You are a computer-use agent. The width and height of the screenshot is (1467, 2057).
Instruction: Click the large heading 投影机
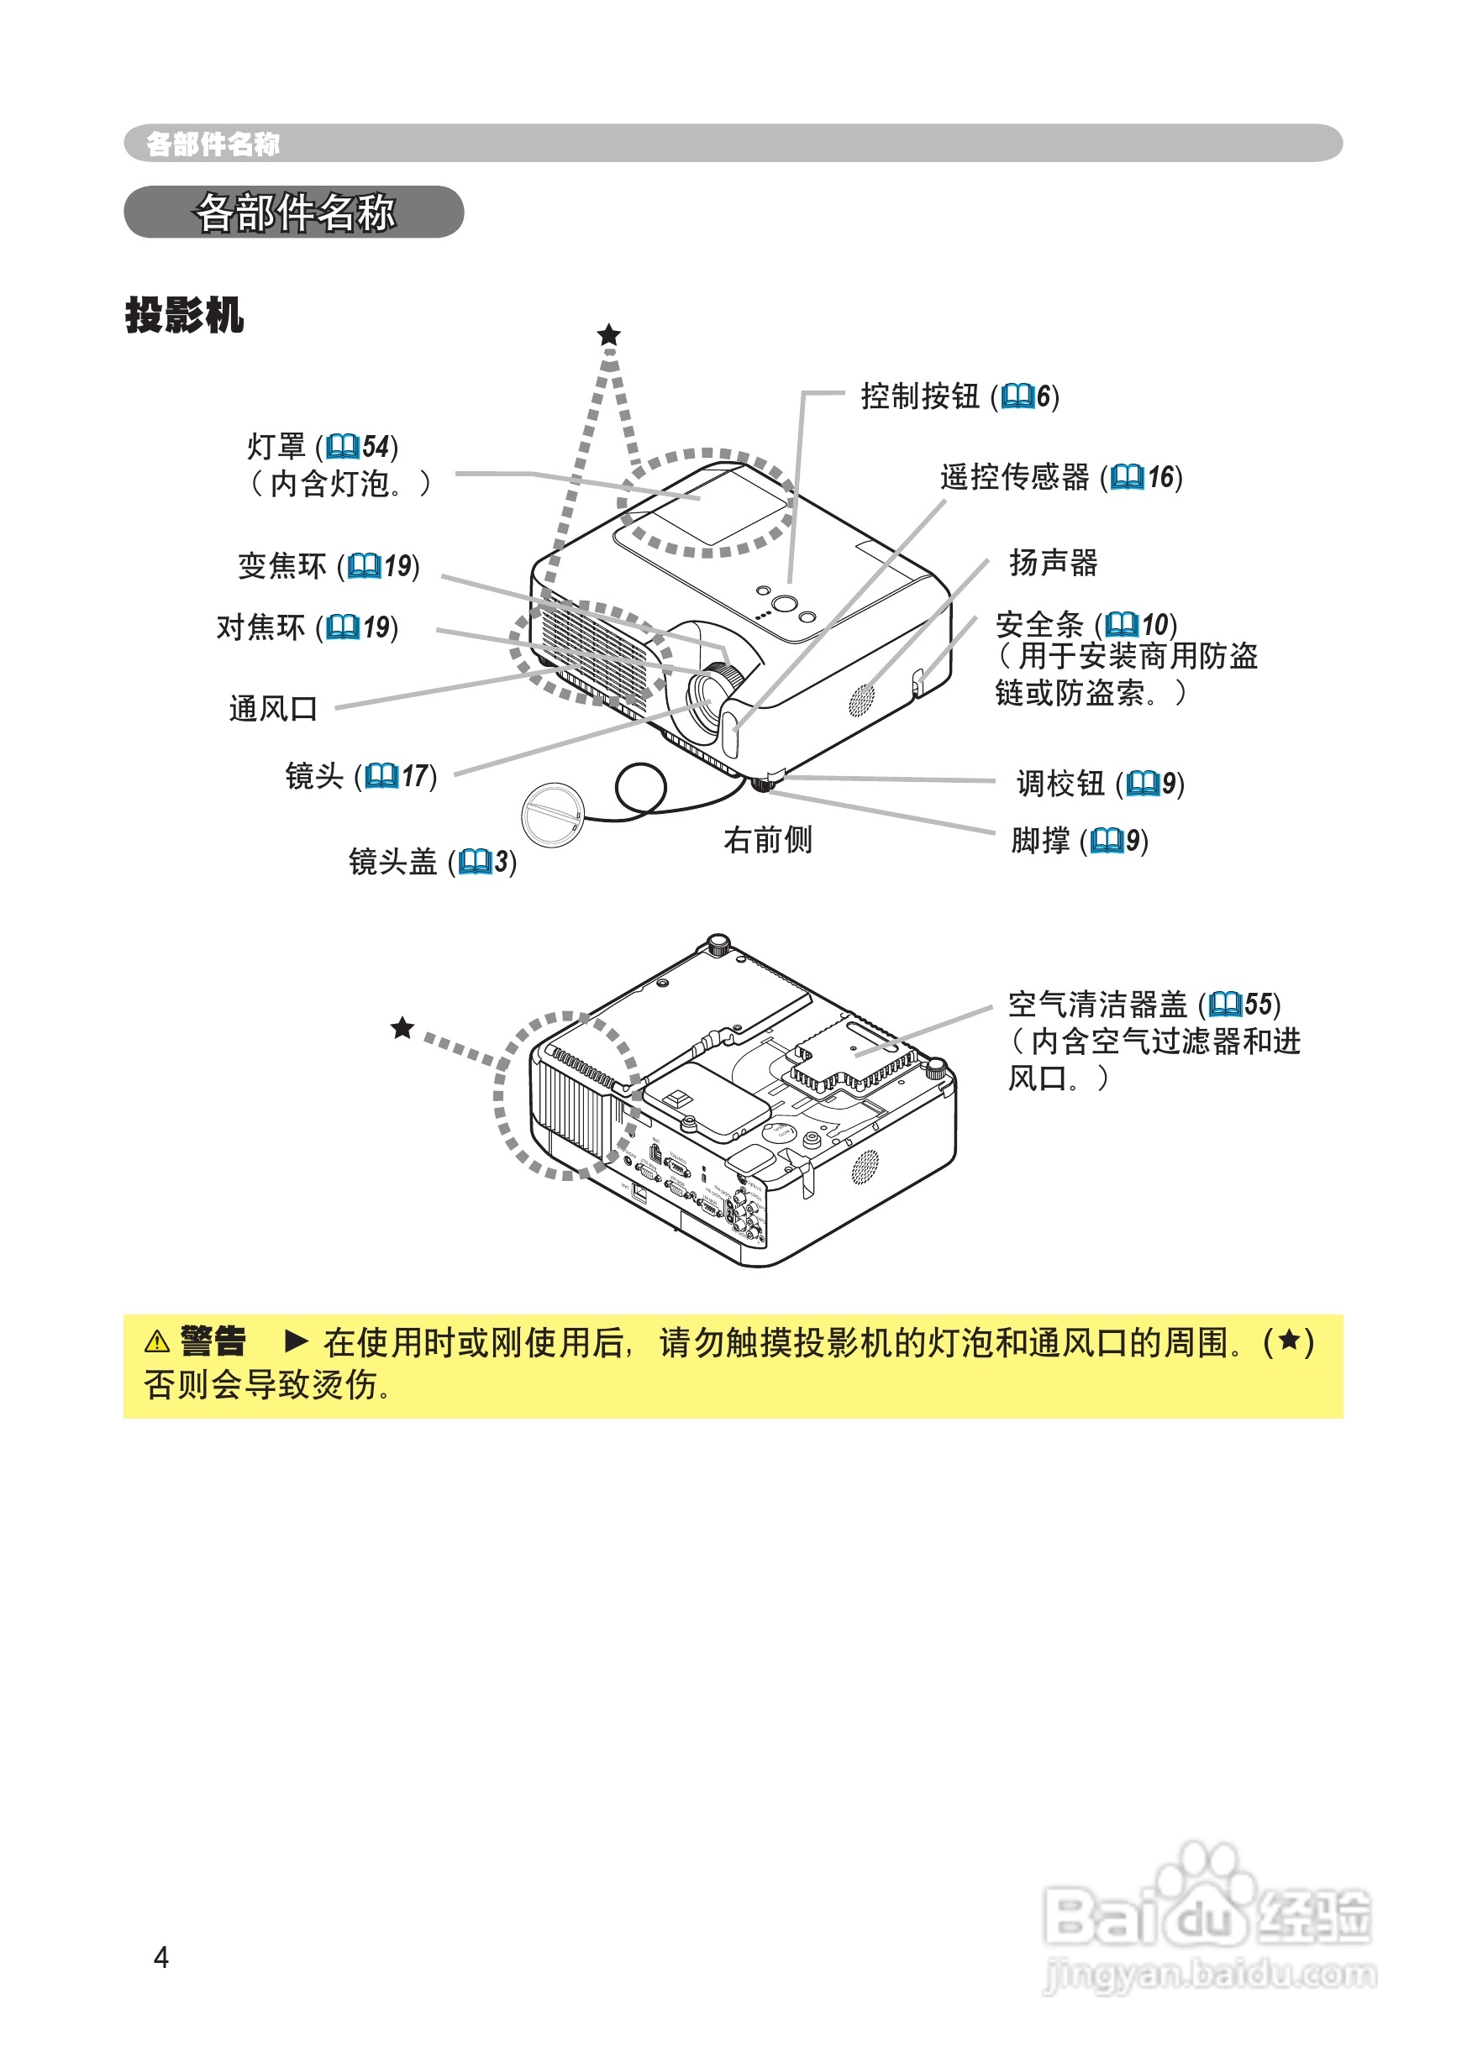184,315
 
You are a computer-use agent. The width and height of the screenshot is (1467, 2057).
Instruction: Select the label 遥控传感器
1014,477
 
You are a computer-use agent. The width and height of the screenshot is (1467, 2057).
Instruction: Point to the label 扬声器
1054,563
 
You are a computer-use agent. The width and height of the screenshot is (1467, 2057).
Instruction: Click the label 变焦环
281,566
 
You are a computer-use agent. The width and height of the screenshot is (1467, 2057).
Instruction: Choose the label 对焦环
260,627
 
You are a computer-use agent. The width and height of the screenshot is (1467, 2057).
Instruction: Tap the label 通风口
273,709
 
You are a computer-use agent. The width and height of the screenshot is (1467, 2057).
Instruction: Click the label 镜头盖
392,862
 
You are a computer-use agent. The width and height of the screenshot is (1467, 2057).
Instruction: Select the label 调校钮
1060,783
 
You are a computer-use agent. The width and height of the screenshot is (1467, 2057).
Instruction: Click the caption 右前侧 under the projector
768,840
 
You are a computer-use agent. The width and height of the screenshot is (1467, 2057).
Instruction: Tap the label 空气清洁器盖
1097,1004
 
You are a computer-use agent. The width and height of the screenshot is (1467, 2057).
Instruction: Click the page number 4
161,1957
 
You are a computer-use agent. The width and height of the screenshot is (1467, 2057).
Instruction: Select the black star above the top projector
609,335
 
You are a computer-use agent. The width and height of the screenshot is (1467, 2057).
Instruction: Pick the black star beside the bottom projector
402,1027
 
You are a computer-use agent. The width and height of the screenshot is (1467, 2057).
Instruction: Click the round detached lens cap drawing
552,815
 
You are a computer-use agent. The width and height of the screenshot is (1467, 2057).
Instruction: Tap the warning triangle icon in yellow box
157,1342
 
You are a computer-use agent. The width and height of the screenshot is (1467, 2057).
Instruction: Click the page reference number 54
375,447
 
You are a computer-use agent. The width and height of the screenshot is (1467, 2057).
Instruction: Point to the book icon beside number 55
1225,1004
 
